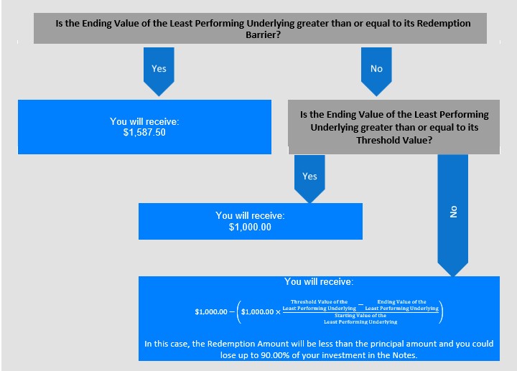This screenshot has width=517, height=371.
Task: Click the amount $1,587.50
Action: pos(144,133)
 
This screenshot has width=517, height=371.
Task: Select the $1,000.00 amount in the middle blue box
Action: pos(250,227)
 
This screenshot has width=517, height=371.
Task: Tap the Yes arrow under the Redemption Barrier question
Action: pos(159,72)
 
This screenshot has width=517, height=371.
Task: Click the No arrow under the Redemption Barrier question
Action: pos(376,72)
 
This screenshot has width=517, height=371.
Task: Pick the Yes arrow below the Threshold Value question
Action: pos(309,179)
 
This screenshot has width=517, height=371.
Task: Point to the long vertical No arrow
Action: pos(452,215)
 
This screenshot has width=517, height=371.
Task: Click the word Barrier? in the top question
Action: pos(263,34)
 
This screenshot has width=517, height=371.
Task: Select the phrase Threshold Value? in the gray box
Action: pos(394,141)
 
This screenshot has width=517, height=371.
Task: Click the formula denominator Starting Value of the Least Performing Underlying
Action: pos(360,319)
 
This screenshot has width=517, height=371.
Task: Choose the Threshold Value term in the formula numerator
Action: pos(319,305)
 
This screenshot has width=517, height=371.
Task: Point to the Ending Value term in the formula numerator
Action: pos(401,305)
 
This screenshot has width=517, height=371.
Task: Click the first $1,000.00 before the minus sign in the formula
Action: pos(211,311)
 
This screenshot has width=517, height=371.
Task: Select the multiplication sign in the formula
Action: pos(278,312)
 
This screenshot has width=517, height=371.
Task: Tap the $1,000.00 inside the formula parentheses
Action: pos(257,311)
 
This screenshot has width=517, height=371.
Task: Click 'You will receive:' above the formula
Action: pos(319,282)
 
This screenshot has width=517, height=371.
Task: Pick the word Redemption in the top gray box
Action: pos(444,24)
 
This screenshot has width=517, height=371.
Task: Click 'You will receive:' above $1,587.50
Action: pos(144,121)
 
